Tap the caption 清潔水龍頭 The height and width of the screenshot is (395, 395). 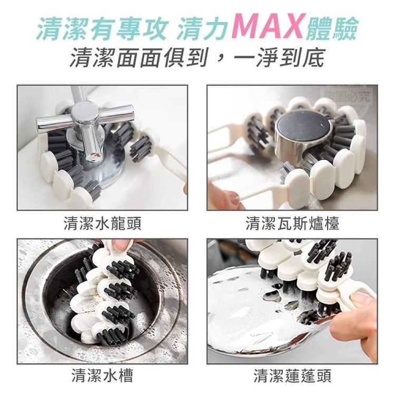[103, 223]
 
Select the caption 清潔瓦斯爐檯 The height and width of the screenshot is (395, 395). [292, 223]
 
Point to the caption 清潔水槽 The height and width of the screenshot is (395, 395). [103, 376]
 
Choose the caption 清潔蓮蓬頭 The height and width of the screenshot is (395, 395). [292, 376]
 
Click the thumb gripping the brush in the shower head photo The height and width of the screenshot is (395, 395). [362, 301]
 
